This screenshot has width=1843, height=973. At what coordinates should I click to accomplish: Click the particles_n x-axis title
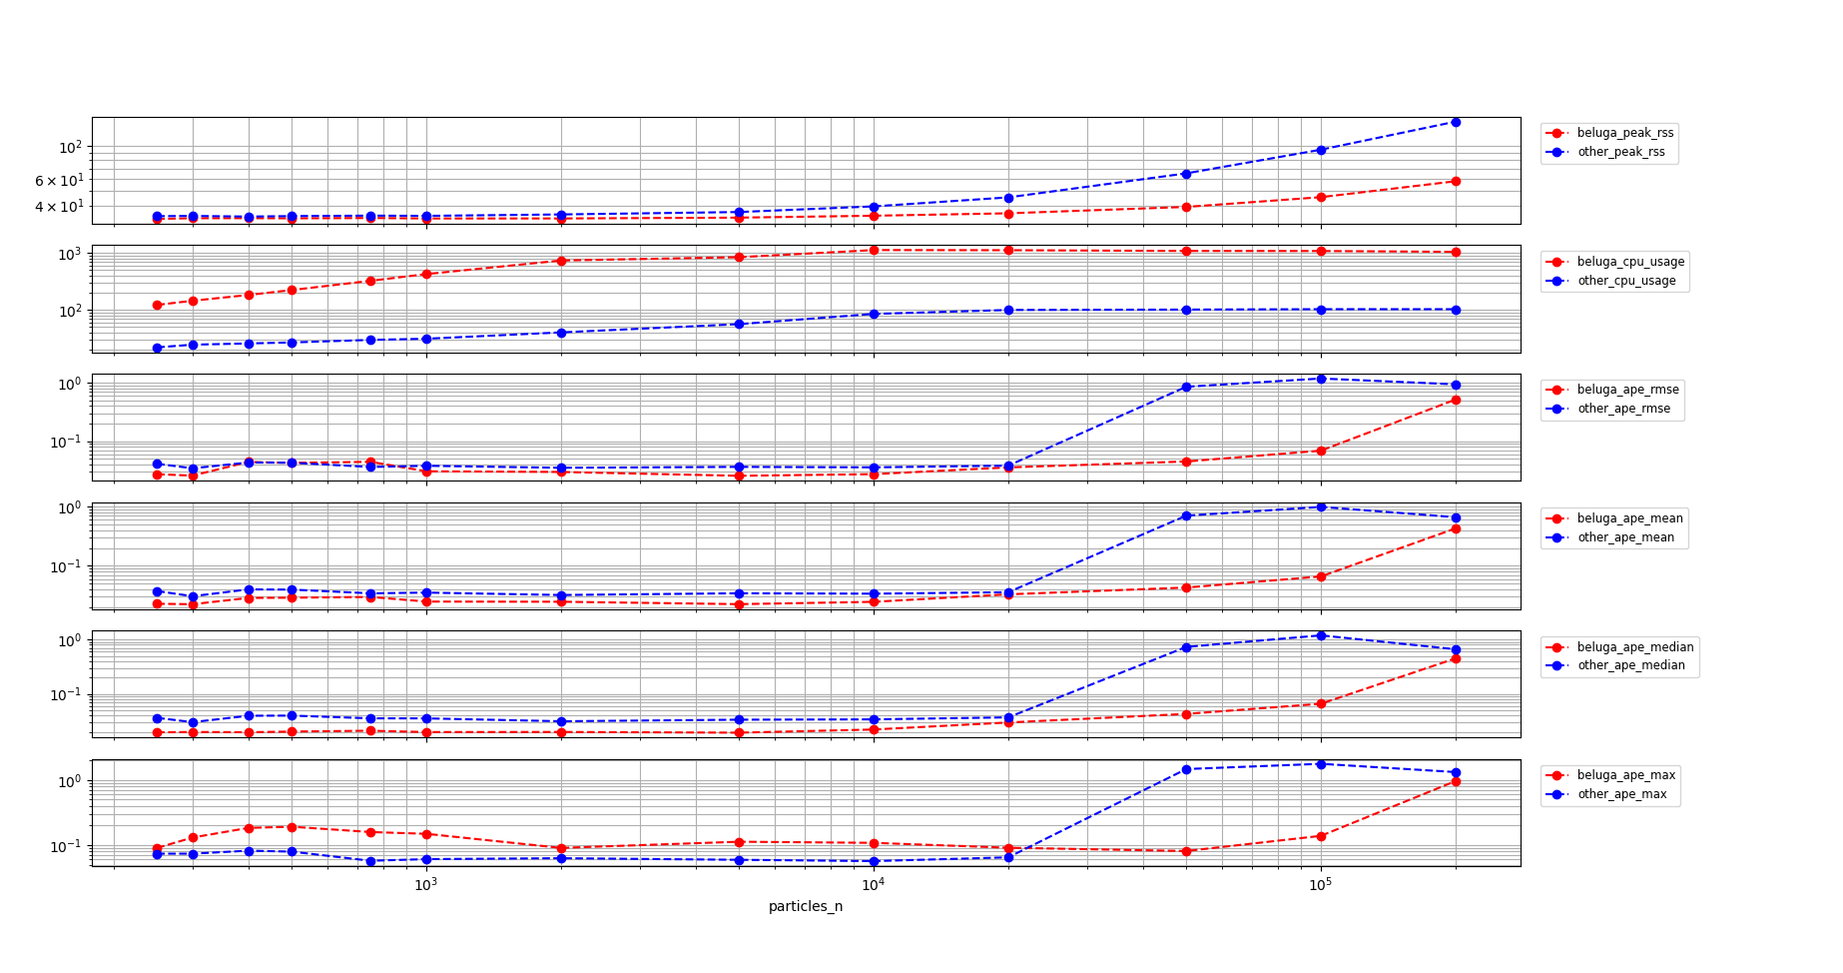[x=805, y=906]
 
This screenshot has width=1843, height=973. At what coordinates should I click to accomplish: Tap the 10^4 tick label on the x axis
[x=873, y=885]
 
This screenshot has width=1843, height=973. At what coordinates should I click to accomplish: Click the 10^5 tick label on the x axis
[x=1320, y=885]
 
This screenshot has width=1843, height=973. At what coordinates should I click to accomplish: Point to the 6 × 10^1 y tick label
[x=59, y=180]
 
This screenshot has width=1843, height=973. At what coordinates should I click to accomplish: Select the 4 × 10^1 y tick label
[x=59, y=207]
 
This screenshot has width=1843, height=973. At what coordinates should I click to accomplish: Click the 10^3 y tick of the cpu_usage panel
[x=68, y=254]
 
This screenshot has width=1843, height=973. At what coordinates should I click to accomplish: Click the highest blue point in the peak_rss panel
[x=1456, y=122]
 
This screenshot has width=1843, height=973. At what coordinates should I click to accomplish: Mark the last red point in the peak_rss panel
[x=1456, y=181]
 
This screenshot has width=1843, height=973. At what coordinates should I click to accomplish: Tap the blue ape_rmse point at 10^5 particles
[x=1321, y=379]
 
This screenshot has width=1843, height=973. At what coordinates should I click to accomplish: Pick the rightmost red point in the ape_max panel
[x=1456, y=782]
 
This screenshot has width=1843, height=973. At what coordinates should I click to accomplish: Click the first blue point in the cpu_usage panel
[x=157, y=348]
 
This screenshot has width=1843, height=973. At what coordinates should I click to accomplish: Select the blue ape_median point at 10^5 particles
[x=1321, y=635]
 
